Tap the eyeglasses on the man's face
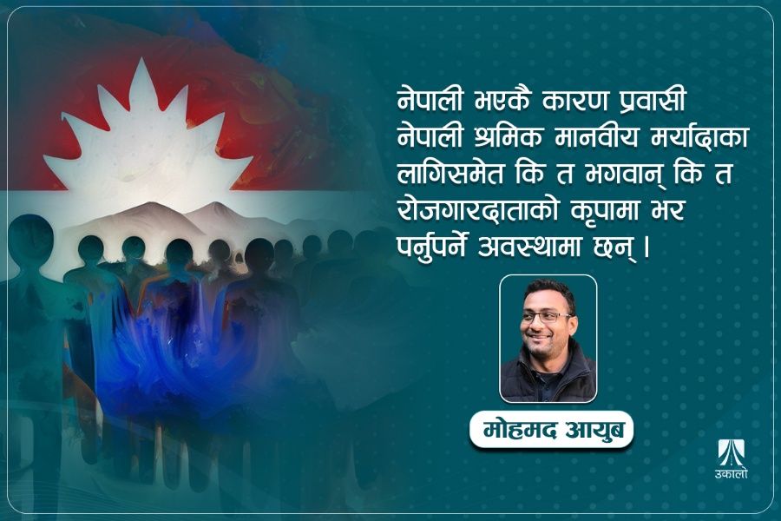(547, 318)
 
